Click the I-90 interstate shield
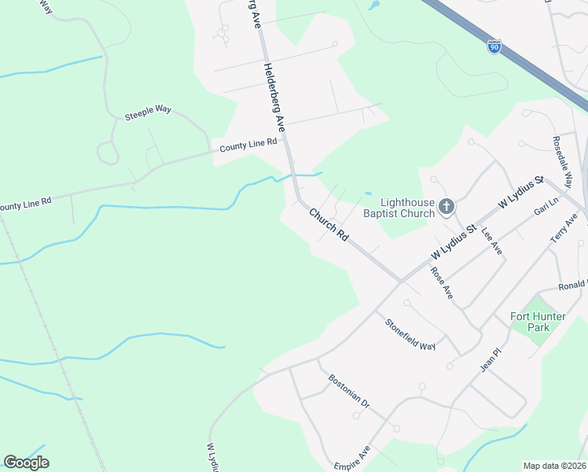pos(494,46)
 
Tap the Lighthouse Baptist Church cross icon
pos(446,207)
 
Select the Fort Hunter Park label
pos(538,322)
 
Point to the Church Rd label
pos(329,224)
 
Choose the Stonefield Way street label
pos(410,334)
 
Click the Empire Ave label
pos(351,458)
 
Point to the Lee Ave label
pos(491,239)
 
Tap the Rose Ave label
pos(442,282)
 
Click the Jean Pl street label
pos(490,360)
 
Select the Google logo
pos(26,463)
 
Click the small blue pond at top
pos(373,5)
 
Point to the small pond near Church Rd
pos(368,194)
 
